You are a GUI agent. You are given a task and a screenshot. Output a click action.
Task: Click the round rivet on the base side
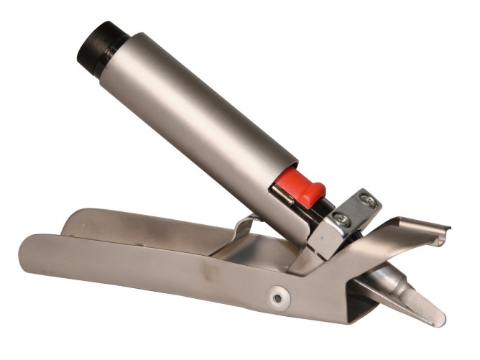277,295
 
